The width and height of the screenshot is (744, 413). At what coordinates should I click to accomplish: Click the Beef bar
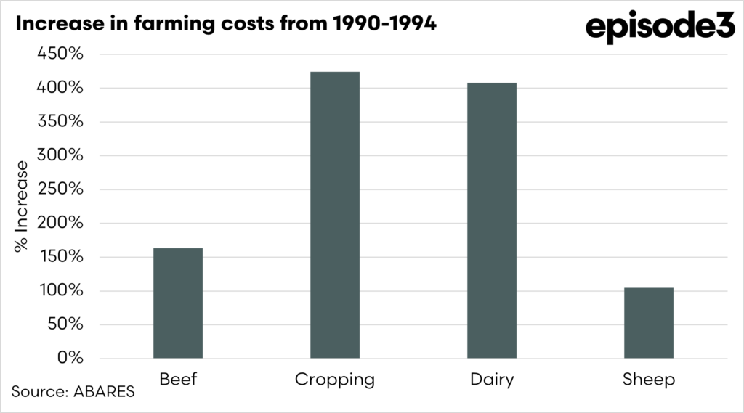(x=178, y=303)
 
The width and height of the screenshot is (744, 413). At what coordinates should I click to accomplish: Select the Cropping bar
(x=335, y=215)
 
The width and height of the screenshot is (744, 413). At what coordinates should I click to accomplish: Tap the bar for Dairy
(x=492, y=220)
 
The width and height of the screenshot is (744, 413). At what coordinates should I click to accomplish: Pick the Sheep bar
(x=649, y=322)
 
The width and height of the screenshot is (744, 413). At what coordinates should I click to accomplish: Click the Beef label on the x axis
(x=178, y=379)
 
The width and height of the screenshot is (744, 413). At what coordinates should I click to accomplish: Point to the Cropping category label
(x=335, y=380)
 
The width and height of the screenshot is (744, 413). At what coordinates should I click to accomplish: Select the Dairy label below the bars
(x=492, y=380)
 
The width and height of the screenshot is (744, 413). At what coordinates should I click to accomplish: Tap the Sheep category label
(x=649, y=380)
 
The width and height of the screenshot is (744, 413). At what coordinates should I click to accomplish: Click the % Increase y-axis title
(x=22, y=206)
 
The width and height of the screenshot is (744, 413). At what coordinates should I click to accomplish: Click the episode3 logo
(x=659, y=27)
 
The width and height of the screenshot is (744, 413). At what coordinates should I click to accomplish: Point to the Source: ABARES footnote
(x=73, y=392)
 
